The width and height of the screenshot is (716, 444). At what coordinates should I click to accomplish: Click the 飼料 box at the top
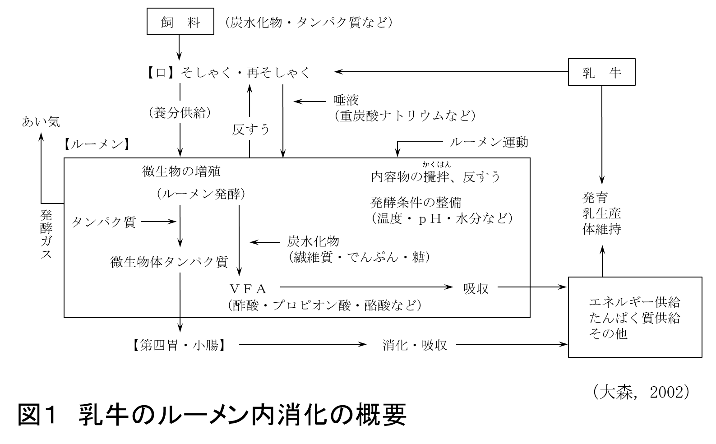pyautogui.click(x=180, y=22)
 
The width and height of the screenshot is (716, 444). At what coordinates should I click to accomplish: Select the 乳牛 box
pyautogui.click(x=601, y=72)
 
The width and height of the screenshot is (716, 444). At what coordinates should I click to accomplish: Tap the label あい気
pyautogui.click(x=41, y=121)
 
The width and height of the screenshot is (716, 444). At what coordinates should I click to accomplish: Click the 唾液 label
pyautogui.click(x=346, y=100)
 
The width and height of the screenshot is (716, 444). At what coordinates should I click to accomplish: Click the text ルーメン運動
pyautogui.click(x=489, y=142)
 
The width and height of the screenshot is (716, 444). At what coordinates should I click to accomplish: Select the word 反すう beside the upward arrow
pyautogui.click(x=251, y=130)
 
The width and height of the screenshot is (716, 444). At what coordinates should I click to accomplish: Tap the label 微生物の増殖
pyautogui.click(x=181, y=171)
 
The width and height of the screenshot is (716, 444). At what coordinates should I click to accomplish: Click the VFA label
pyautogui.click(x=248, y=289)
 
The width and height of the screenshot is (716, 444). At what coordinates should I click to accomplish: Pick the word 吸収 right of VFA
pyautogui.click(x=476, y=289)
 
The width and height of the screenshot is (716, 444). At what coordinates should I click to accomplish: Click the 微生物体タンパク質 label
pyautogui.click(x=170, y=262)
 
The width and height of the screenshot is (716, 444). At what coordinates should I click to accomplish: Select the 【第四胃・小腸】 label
pyautogui.click(x=179, y=345)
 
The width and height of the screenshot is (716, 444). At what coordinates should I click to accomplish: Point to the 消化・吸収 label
pyautogui.click(x=415, y=345)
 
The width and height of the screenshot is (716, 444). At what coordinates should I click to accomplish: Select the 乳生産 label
pyautogui.click(x=602, y=213)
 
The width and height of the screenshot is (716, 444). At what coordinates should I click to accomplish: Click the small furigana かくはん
pyautogui.click(x=437, y=164)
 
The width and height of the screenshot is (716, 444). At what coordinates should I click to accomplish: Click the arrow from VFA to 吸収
pyautogui.click(x=365, y=287)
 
